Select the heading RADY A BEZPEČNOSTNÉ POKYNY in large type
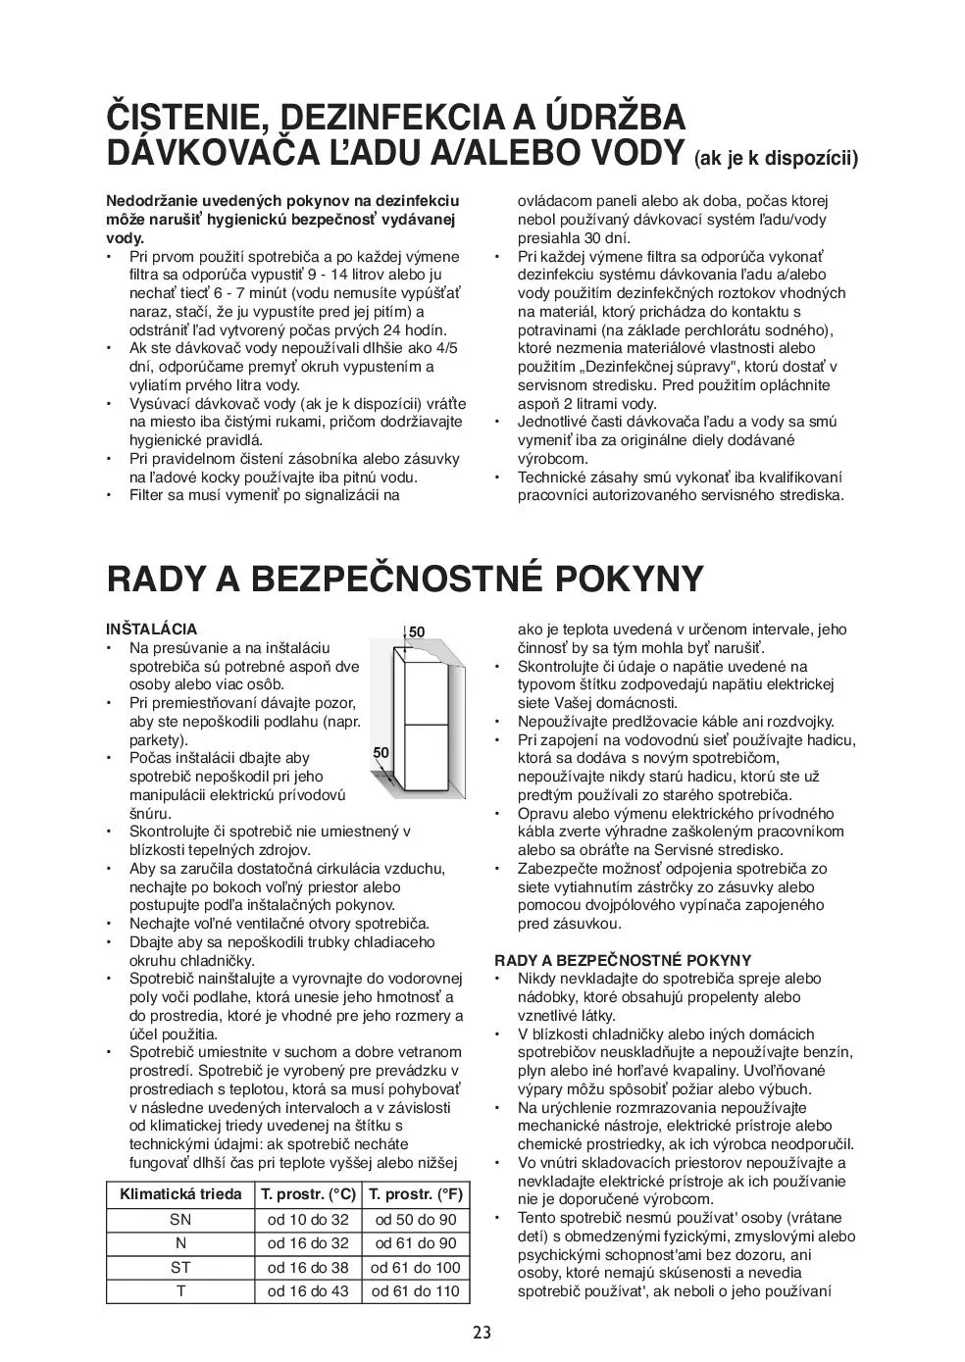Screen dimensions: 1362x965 click(404, 579)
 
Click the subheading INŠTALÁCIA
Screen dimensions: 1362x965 click(151, 630)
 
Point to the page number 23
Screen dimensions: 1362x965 click(482, 1333)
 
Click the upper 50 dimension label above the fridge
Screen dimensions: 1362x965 click(417, 632)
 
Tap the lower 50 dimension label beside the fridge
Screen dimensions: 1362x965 click(381, 752)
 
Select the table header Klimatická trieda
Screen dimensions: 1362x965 click(180, 1194)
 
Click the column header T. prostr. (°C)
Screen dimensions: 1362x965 click(308, 1194)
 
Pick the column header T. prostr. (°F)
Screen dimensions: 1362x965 click(416, 1194)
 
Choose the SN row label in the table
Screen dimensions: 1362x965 click(180, 1220)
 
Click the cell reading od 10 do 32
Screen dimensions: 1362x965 click(308, 1220)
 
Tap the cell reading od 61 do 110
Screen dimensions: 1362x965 click(416, 1291)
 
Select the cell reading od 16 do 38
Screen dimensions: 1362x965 click(308, 1267)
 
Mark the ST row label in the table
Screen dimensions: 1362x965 click(180, 1267)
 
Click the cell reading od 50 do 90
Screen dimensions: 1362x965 click(416, 1220)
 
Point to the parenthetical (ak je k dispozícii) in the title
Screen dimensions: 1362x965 click(776, 159)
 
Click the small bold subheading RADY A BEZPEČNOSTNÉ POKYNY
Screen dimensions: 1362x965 click(623, 961)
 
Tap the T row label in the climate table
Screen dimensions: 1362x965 click(180, 1291)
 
